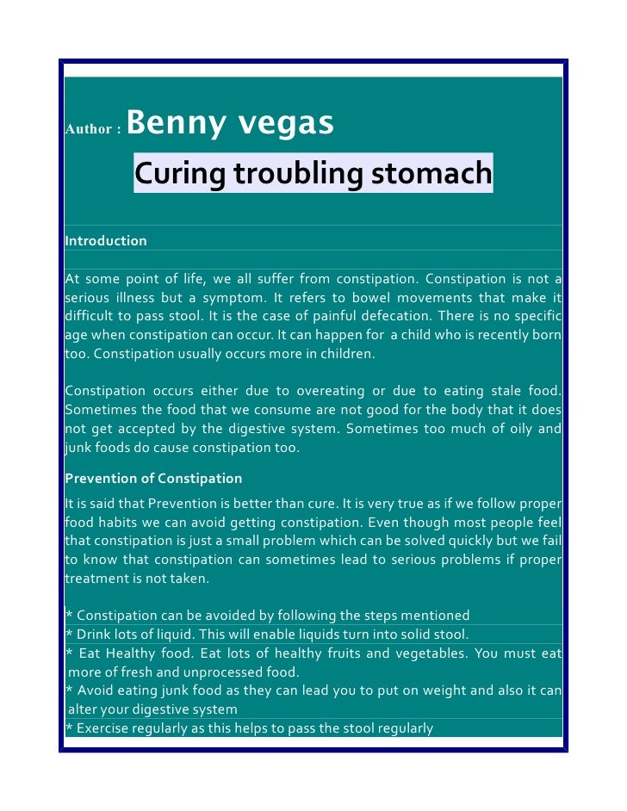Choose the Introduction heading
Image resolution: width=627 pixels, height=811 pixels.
pos(106,241)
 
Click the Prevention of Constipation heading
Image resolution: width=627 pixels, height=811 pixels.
pos(153,478)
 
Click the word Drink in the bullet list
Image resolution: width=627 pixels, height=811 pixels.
pos(96,635)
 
